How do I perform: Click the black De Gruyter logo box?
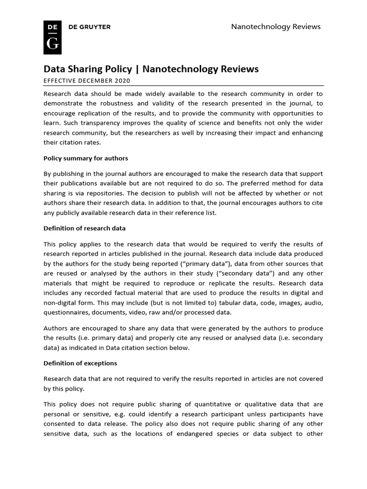click(x=52, y=36)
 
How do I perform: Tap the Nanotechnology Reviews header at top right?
click(x=276, y=27)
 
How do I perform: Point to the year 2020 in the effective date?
click(x=122, y=81)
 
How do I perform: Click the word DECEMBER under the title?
click(x=94, y=81)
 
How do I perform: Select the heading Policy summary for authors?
click(x=86, y=158)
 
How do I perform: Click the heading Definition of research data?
click(x=85, y=228)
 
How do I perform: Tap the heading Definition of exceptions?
click(x=80, y=363)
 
